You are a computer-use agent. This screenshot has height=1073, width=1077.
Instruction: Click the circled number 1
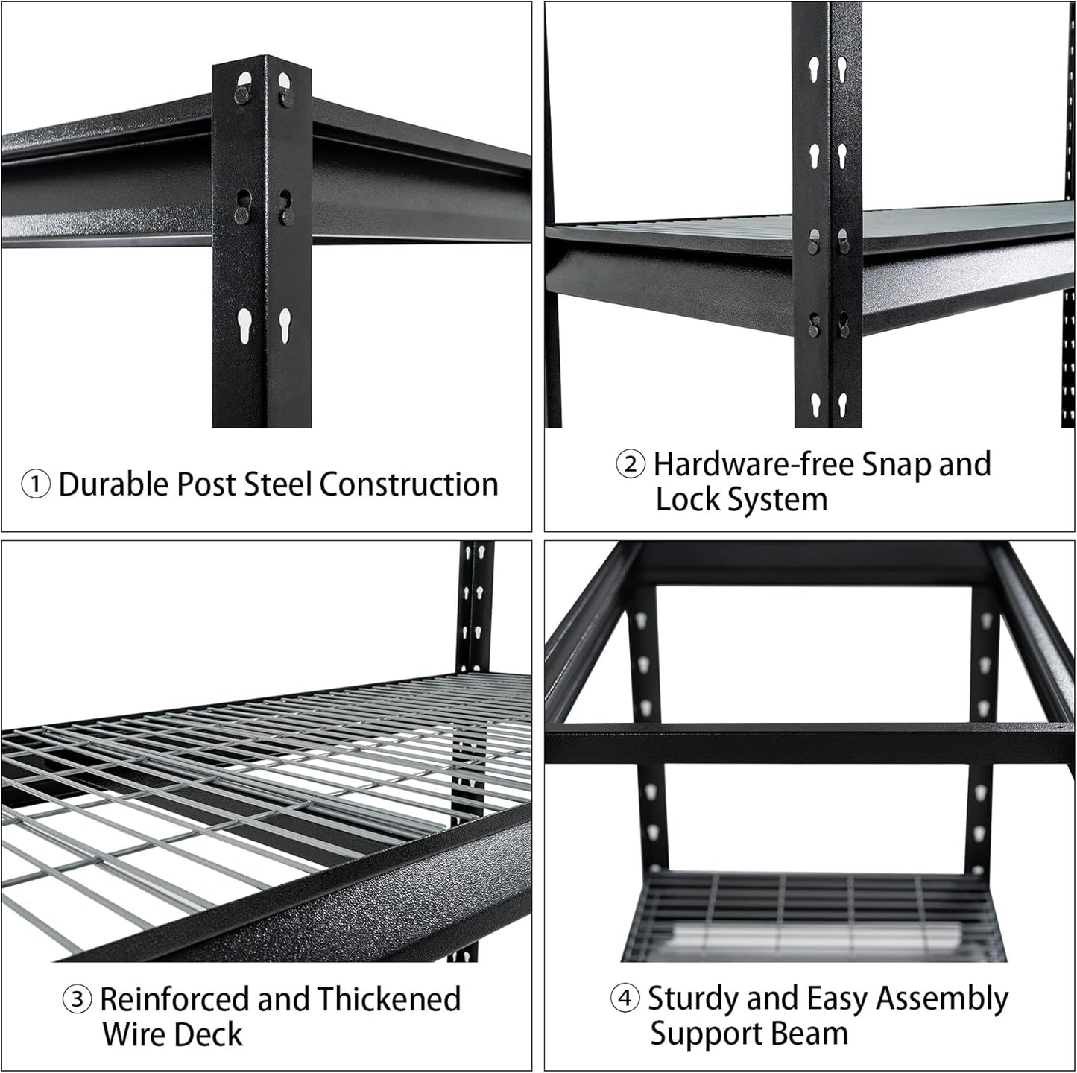[x=35, y=485]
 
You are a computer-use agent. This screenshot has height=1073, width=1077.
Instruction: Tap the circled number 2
[x=631, y=465]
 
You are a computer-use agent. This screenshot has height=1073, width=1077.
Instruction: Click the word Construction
[x=408, y=484]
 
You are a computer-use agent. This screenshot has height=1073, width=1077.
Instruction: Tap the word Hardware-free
[x=754, y=464]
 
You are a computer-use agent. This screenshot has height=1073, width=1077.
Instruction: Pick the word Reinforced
[x=174, y=1000]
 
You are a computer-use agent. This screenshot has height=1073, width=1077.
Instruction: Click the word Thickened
[x=388, y=1000]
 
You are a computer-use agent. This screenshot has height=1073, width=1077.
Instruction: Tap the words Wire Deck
[x=172, y=1035]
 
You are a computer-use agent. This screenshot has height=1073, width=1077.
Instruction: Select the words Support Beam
[x=749, y=1034]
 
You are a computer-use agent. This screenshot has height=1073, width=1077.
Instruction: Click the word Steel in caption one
[x=277, y=484]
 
